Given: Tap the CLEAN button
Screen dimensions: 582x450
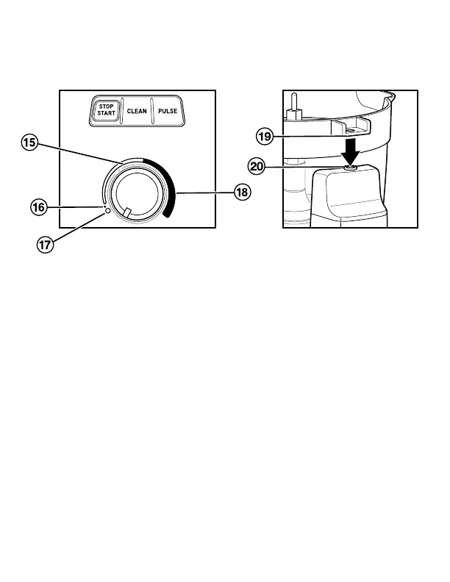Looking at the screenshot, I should [137, 110].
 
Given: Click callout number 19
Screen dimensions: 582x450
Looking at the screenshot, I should [265, 135].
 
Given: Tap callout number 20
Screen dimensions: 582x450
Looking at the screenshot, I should [257, 167].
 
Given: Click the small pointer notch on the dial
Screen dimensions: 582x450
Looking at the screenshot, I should [127, 212].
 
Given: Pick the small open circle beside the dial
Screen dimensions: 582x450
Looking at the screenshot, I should [108, 211].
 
